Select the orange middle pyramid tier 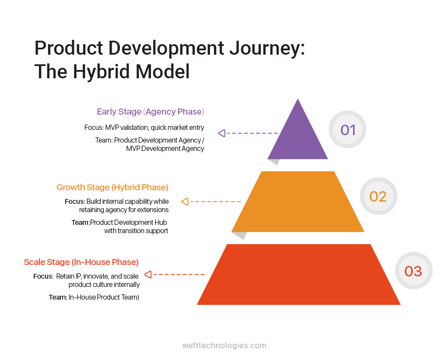click(298, 202)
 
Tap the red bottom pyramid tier click(299, 275)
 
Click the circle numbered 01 click(348, 129)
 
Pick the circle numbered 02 click(378, 196)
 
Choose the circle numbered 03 click(413, 271)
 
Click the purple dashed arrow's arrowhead click(222, 133)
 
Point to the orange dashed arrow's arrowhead click(185, 202)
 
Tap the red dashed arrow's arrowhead click(148, 275)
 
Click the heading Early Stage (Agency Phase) click(150, 112)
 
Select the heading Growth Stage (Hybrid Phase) click(112, 187)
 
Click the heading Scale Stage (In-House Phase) click(81, 262)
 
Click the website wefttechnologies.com click(224, 345)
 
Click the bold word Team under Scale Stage click(57, 297)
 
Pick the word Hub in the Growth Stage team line click(161, 222)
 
